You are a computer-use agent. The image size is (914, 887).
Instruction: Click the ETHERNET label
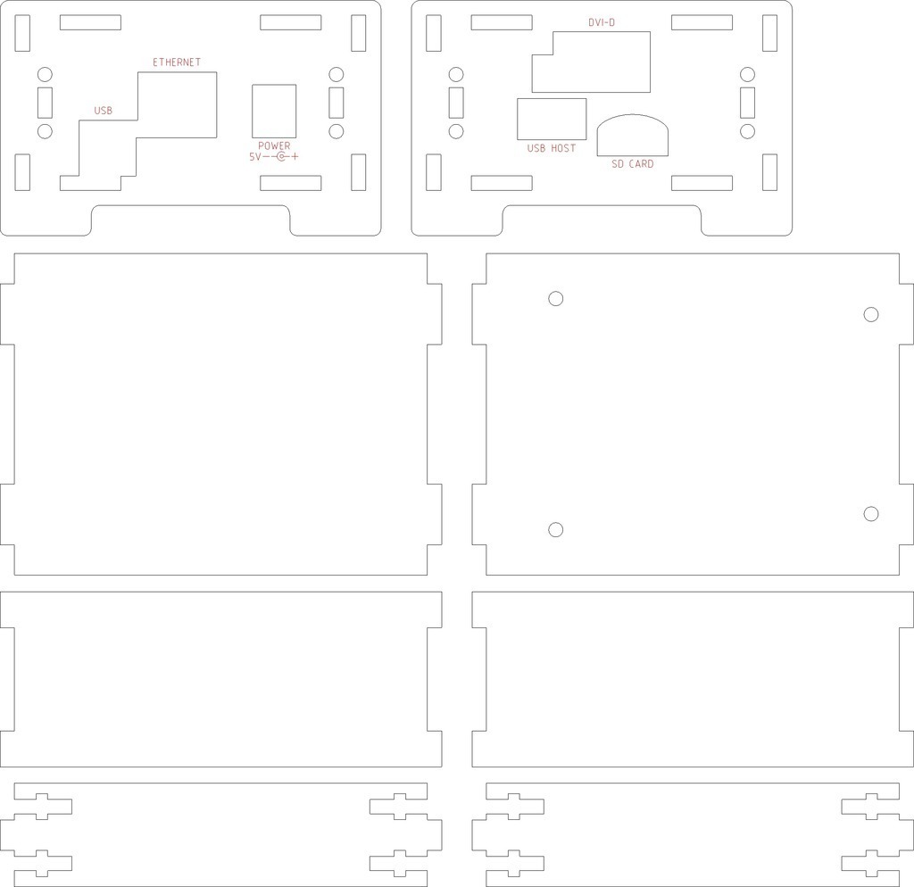tap(177, 62)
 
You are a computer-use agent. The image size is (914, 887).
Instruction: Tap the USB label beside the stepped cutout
tap(104, 111)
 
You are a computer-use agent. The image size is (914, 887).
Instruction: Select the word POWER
tap(274, 145)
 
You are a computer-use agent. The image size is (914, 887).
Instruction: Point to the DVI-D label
tap(602, 22)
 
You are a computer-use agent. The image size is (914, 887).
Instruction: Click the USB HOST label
tap(552, 149)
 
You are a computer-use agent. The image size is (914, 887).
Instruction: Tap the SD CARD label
tap(633, 164)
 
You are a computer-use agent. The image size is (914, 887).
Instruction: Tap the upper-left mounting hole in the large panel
tap(556, 298)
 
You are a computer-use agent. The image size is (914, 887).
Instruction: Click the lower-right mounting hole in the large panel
tap(871, 513)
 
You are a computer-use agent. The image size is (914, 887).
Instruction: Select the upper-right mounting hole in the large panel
tap(871, 315)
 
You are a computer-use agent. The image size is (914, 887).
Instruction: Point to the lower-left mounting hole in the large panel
tap(556, 530)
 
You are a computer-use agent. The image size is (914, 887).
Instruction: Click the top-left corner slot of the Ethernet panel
tap(22, 33)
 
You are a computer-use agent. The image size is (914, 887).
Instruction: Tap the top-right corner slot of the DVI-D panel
tap(769, 33)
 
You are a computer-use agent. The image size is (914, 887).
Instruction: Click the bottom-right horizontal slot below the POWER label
tap(290, 183)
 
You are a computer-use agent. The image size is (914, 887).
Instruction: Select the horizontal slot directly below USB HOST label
tap(502, 183)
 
